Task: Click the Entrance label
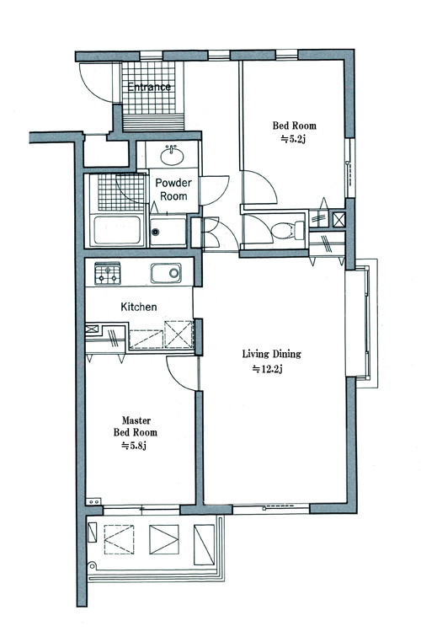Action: (x=149, y=87)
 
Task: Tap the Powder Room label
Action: (x=173, y=190)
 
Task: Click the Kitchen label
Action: (x=139, y=307)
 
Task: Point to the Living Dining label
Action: (x=272, y=354)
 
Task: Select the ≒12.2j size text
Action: (x=268, y=369)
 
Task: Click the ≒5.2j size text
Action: (x=293, y=139)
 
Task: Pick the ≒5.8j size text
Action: (x=134, y=446)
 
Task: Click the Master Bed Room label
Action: (x=135, y=426)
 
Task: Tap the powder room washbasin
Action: (x=173, y=155)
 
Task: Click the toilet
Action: (x=288, y=231)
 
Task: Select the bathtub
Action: (x=117, y=230)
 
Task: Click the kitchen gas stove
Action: (x=108, y=274)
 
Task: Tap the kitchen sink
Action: (x=166, y=273)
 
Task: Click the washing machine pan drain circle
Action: (x=155, y=233)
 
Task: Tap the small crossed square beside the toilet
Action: (x=338, y=219)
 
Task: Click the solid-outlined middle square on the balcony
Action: (x=164, y=539)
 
